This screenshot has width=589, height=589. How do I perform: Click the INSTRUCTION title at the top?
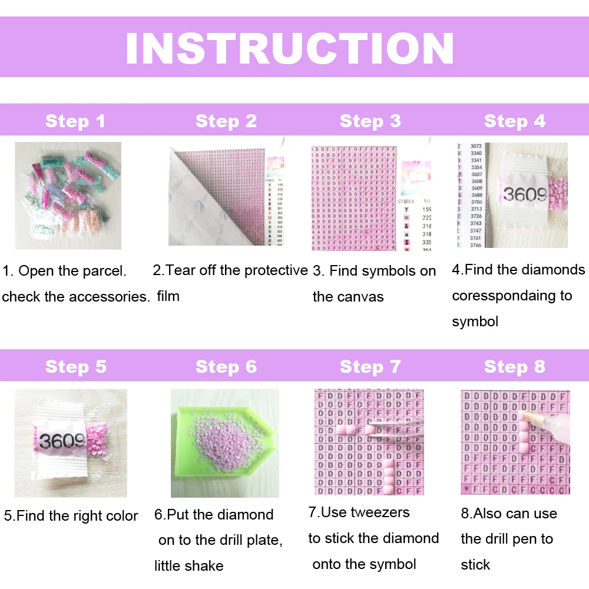coord(290,48)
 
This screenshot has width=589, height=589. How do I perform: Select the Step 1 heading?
coord(75,121)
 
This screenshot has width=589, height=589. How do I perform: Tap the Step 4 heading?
coord(514,121)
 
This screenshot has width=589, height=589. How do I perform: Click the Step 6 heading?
coord(226,367)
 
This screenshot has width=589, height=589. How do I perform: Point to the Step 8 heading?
coord(514,367)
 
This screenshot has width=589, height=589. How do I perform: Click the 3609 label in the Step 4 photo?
coord(524,193)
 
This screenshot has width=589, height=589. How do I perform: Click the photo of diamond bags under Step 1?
coord(68,195)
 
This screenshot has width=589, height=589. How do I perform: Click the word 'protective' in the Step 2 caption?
coord(274,270)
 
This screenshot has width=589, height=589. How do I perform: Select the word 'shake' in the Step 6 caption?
coord(204,566)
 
